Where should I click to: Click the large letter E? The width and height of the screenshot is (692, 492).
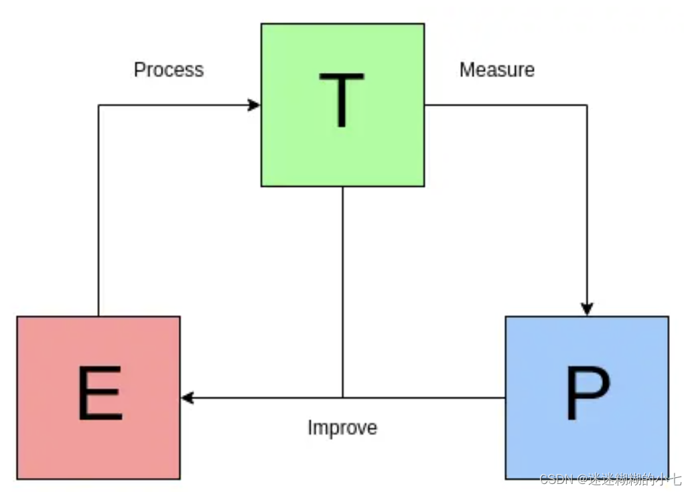[x=100, y=393]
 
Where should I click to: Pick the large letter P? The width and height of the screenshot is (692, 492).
[x=587, y=393]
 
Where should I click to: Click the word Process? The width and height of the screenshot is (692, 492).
[x=169, y=70]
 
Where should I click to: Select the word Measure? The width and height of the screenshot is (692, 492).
[x=497, y=70]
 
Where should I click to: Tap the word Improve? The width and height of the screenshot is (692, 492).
[x=342, y=427]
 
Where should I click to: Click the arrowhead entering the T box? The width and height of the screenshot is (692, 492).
[x=254, y=105]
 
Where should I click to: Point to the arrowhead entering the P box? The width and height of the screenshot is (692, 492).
[x=587, y=309]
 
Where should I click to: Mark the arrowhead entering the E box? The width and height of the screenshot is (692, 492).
[x=188, y=398]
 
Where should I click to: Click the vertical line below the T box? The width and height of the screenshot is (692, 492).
[x=343, y=288]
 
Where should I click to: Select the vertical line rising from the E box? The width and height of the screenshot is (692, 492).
[x=98, y=214]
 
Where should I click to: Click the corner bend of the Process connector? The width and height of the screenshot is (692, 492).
[x=98, y=105]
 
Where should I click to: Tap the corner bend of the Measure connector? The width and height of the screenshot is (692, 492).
[x=587, y=105]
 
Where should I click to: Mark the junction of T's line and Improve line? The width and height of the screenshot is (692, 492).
[x=343, y=398]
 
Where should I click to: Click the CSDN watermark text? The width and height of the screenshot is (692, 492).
[x=610, y=479]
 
